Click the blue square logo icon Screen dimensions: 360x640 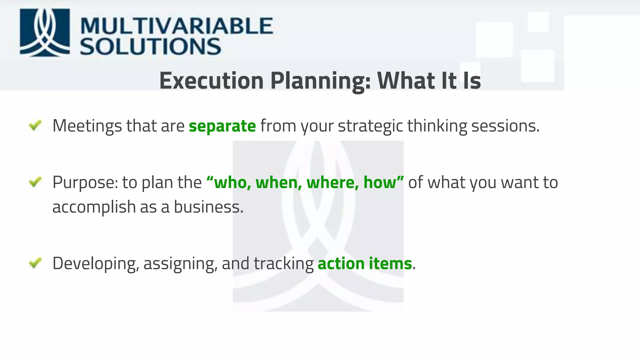coord(45,32)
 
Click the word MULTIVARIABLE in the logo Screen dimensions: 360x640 coord(177,26)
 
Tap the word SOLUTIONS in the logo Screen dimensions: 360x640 coord(150,47)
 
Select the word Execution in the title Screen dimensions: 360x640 coord(212,81)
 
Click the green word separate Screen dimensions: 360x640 coord(222,126)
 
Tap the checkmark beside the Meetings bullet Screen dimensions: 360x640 coord(35,125)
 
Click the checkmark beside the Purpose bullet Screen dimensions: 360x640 coord(35,182)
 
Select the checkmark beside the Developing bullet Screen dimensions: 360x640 coord(35,263)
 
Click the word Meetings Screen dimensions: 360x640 coord(87,126)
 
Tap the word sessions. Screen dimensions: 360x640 coord(505,126)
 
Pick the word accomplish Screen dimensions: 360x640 coord(94,207)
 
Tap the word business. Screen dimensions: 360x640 coord(208,207)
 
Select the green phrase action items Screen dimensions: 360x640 coord(365,264)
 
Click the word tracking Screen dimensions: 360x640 coord(283,264)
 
